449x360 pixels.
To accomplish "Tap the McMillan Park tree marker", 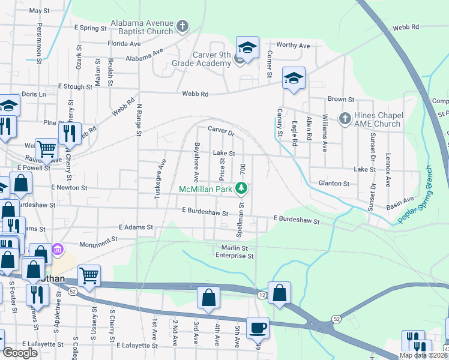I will click(241, 188).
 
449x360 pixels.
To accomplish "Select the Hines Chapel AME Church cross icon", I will click(345, 119).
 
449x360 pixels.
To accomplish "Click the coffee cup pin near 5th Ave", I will click(258, 328).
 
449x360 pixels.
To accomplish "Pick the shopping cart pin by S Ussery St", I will click(89, 277).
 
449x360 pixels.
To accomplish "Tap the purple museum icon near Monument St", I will click(58, 249).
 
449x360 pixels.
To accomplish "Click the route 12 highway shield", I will click(262, 295).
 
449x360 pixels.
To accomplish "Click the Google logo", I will click(20, 353).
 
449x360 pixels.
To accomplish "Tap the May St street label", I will click(39, 11).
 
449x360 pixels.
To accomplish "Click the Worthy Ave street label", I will click(293, 46).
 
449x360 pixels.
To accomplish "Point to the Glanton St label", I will click(333, 184).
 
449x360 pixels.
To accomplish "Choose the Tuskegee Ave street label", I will click(161, 174).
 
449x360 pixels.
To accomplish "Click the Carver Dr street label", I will click(220, 130).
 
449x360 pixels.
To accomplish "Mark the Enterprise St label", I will click(235, 256).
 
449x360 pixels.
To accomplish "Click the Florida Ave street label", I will click(124, 44).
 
